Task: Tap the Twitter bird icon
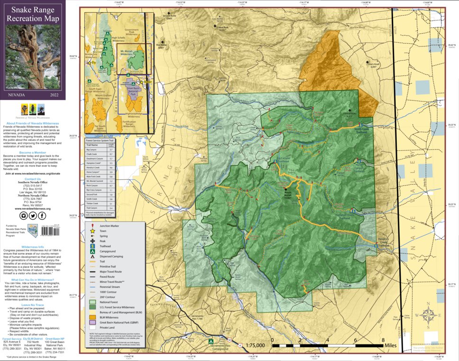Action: pos(33,215)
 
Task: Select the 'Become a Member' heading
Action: pos(33,152)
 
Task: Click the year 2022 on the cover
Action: pos(55,94)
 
